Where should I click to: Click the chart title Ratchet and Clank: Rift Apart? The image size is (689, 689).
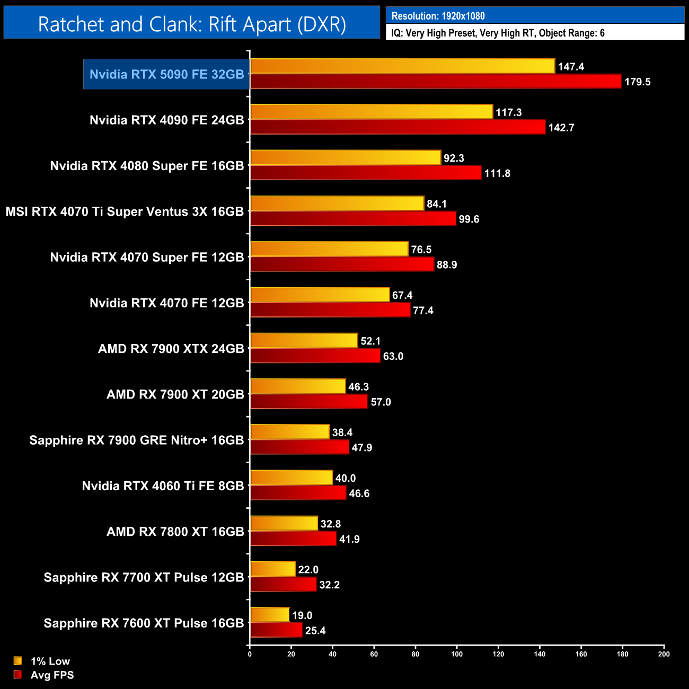coord(192,24)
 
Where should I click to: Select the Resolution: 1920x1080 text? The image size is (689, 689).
coord(438,16)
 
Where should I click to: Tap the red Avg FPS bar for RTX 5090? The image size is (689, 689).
coord(435,82)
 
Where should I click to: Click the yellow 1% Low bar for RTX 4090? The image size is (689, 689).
coord(371,112)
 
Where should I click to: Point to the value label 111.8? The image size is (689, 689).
coord(497,173)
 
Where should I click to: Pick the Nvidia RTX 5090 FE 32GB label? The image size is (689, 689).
coord(166,74)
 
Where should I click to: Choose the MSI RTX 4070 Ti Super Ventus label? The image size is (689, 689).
coord(125,211)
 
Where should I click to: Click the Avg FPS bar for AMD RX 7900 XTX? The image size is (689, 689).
coord(315,356)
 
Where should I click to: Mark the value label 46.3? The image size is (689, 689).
coord(358,387)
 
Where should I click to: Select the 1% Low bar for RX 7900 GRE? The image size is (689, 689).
coord(289,432)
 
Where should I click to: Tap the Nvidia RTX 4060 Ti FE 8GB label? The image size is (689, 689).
coord(163,486)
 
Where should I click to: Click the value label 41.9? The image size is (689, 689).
coord(349,539)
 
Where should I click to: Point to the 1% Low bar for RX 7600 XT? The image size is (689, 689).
coord(269,615)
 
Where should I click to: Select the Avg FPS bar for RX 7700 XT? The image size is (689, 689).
coord(283,585)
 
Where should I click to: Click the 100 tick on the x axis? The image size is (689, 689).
coord(457,654)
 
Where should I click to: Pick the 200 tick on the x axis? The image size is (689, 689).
coord(664,654)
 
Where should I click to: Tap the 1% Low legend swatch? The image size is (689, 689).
coord(18,661)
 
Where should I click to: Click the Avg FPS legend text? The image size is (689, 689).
coord(52,675)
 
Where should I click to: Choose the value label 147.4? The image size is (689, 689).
coord(571,66)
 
